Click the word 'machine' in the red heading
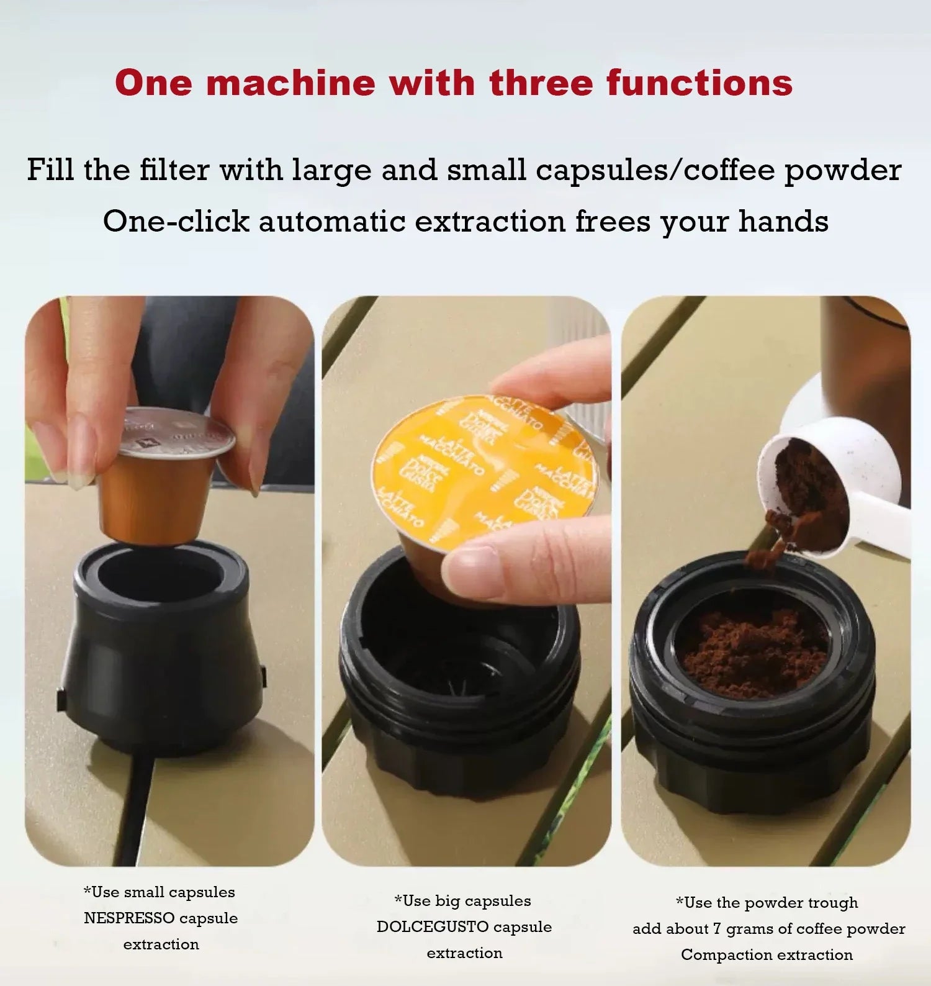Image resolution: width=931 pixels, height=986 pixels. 290,83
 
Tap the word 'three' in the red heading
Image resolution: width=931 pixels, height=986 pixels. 541,83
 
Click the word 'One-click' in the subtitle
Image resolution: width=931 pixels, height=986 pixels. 176,222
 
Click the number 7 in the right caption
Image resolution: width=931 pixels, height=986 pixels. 717,929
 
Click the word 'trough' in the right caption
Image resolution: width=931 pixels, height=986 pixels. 832,903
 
